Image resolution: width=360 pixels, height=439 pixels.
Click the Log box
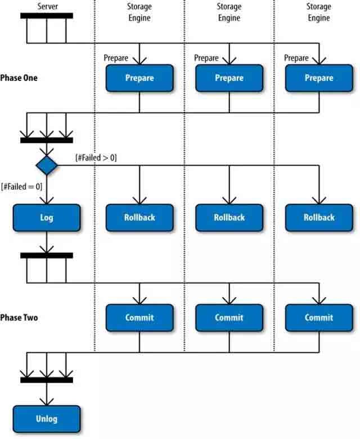point(47,218)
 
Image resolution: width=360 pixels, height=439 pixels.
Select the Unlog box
point(47,419)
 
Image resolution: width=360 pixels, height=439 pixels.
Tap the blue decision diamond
point(47,165)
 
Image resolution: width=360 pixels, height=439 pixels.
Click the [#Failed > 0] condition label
point(96,158)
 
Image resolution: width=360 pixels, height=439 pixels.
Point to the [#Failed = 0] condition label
point(22,186)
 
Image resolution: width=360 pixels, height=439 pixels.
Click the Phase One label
point(19,78)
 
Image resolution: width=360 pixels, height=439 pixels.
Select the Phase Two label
point(19,317)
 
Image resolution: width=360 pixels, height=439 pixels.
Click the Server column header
point(47,6)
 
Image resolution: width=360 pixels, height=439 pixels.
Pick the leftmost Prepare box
point(139,78)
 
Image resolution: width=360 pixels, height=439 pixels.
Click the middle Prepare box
point(229,78)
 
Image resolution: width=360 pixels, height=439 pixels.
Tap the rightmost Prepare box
point(319,78)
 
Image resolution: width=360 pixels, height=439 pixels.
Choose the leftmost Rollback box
point(139,218)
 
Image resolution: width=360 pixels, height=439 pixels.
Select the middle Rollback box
point(229,218)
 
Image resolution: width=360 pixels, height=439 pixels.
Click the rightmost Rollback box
point(319,218)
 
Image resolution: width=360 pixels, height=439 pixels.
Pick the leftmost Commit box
point(139,317)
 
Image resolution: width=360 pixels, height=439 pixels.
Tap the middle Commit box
point(229,317)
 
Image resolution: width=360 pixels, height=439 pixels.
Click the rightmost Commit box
point(319,317)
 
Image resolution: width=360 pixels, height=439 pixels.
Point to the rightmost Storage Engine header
point(318,12)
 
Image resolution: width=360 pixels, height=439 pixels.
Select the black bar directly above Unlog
point(47,380)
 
